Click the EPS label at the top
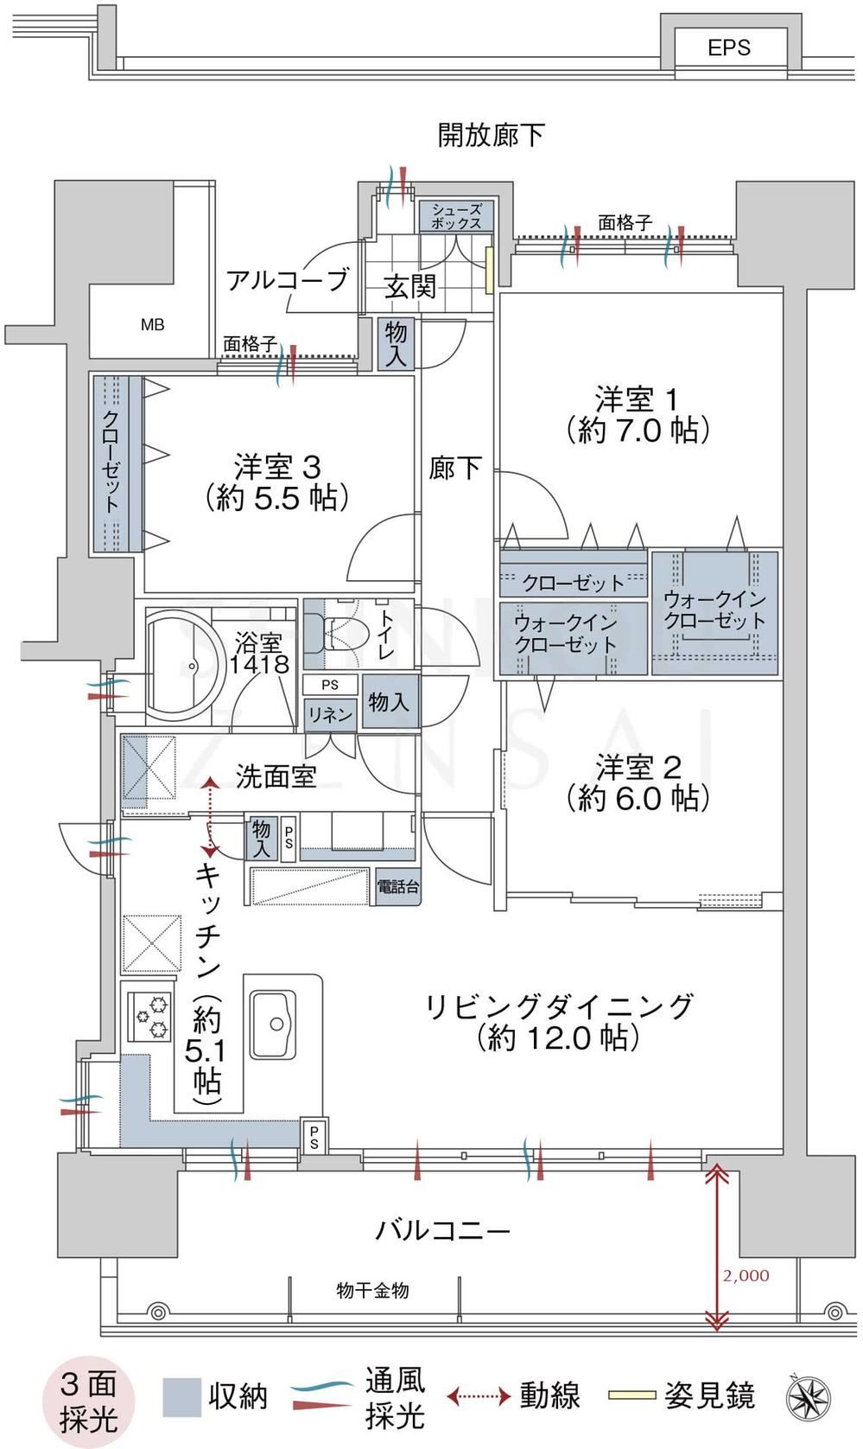click(x=728, y=48)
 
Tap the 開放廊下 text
click(x=491, y=135)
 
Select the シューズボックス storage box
click(x=456, y=216)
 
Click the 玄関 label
click(x=409, y=286)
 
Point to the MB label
click(x=153, y=325)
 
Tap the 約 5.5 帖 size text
click(x=277, y=497)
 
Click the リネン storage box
click(x=330, y=715)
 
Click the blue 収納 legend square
click(x=181, y=1397)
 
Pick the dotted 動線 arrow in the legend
click(x=479, y=1397)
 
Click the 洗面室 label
click(x=276, y=776)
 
